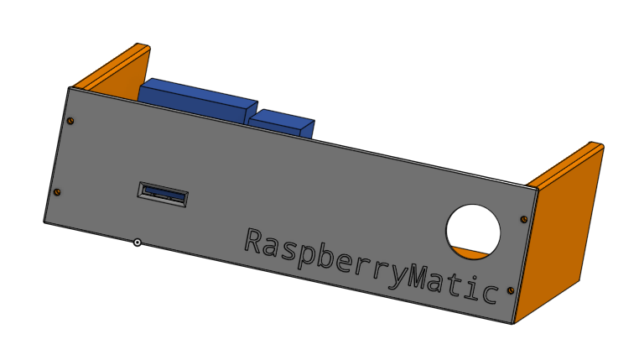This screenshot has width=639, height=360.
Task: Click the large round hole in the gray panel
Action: pos(473,228)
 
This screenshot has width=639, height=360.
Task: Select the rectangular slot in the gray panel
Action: pos(163,195)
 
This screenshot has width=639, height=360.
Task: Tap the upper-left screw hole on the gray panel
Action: pos(70,121)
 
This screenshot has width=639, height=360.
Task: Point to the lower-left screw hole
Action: pos(57,192)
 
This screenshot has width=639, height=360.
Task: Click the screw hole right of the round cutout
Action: pos(524,220)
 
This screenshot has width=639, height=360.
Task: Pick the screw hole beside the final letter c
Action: pos(513,290)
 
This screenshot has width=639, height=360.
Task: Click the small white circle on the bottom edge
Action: pos(137,243)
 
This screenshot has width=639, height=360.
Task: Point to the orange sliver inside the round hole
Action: pos(472,250)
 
